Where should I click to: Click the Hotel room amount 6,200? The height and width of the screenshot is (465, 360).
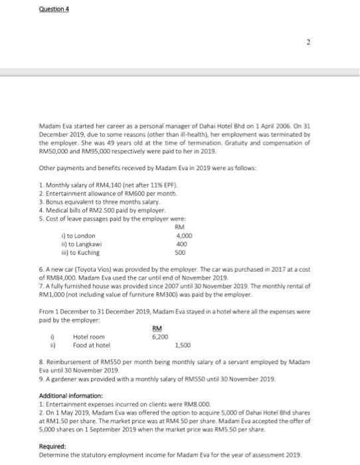point(159,337)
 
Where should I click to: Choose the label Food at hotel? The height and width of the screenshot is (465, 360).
point(91,345)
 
